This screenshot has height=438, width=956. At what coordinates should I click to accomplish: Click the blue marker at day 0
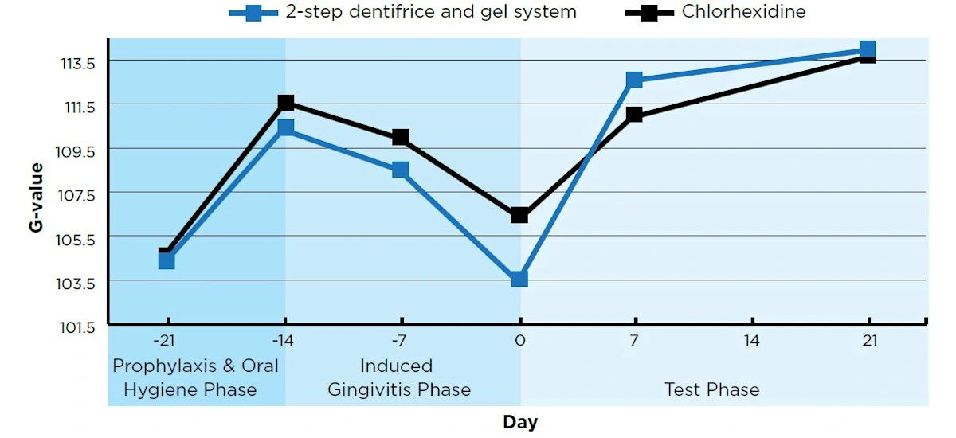click(x=519, y=278)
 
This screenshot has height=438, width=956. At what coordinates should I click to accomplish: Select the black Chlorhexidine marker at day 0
click(x=519, y=215)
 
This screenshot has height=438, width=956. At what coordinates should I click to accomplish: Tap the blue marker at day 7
click(x=634, y=80)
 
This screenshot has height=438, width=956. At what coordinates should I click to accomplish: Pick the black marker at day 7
click(x=634, y=115)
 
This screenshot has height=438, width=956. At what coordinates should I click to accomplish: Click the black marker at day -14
click(x=286, y=103)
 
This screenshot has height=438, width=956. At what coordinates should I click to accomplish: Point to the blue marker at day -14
click(x=286, y=127)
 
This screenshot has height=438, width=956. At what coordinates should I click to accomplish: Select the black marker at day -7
click(x=401, y=137)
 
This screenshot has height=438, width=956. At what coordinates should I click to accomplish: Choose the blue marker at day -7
click(x=401, y=170)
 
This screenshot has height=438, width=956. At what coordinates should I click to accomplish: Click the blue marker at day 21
click(x=868, y=49)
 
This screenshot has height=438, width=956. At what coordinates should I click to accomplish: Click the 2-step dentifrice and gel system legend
click(x=431, y=12)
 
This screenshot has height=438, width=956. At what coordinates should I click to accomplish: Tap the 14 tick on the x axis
click(x=752, y=342)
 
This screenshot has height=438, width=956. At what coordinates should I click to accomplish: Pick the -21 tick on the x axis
click(x=166, y=342)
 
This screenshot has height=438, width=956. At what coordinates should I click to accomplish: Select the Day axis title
click(x=519, y=422)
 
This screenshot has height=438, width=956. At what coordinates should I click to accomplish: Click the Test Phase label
click(x=711, y=389)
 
